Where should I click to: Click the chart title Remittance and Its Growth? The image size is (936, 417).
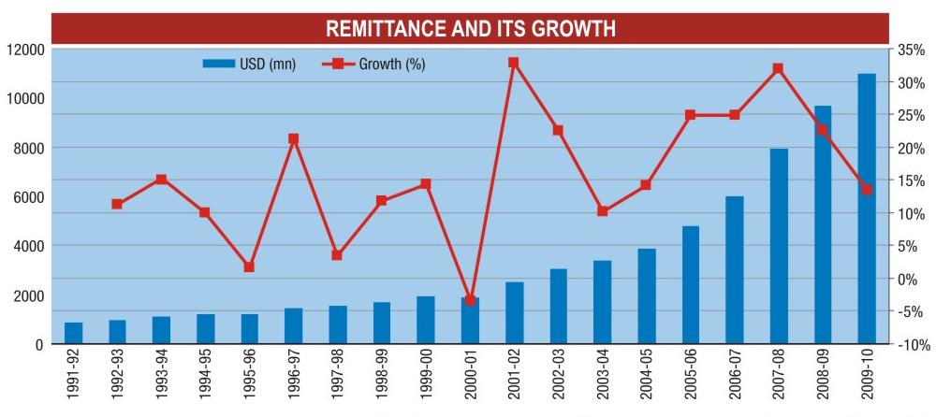pos(470,29)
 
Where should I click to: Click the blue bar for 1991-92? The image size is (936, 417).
pos(73,333)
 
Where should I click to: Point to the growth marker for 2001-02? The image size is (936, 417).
pos(513,63)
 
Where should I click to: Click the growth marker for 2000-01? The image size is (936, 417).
pos(470,300)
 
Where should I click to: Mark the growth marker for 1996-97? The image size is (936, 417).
pos(293,139)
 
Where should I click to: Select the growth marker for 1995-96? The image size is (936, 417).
pos(249,267)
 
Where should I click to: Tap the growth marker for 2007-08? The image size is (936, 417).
pos(778,68)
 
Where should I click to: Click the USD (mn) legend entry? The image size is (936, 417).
pos(249,65)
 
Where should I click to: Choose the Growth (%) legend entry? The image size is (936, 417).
pos(374,65)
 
